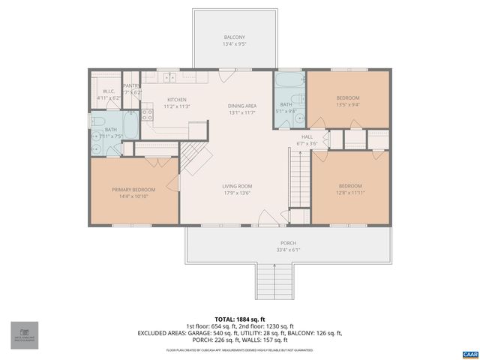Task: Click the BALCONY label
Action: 234,37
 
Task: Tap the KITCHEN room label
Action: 176,100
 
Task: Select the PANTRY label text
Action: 131,85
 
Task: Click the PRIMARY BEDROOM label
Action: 133,189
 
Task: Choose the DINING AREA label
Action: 242,106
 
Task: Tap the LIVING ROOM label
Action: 236,186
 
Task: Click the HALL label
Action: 307,136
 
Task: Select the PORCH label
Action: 288,243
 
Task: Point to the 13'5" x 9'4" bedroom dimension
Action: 347,105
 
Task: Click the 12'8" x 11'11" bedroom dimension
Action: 349,193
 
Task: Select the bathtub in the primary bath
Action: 128,125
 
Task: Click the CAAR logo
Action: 469,352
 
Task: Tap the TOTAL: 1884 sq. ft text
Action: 239,319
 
